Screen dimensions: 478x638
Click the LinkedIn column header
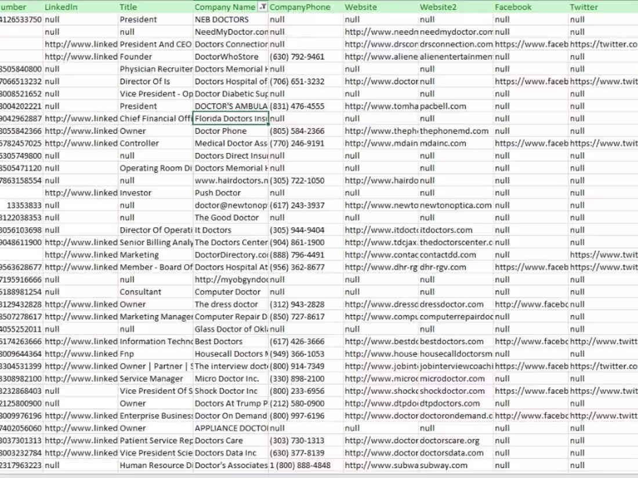coord(61,7)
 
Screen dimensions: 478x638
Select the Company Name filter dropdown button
coord(263,7)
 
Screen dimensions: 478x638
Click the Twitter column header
coord(583,7)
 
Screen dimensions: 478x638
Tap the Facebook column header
coord(513,7)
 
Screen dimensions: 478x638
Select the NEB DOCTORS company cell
coord(222,19)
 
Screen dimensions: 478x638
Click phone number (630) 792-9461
coord(297,56)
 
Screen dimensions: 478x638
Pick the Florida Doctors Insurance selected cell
coord(230,118)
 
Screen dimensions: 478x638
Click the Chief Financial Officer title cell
coord(155,118)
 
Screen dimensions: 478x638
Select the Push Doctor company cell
coord(217,192)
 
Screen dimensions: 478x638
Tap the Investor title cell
coord(135,192)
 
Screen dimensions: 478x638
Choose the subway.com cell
coord(444,465)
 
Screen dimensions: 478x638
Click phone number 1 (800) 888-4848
coord(300,465)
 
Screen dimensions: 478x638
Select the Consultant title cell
coord(140,291)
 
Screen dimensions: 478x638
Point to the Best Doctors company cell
coord(219,341)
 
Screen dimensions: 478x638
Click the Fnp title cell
coord(127,353)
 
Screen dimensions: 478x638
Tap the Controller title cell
coord(139,143)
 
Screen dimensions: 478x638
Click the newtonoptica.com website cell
coord(455,205)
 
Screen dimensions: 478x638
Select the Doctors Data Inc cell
coord(225,453)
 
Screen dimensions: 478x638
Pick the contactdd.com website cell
coord(448,254)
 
